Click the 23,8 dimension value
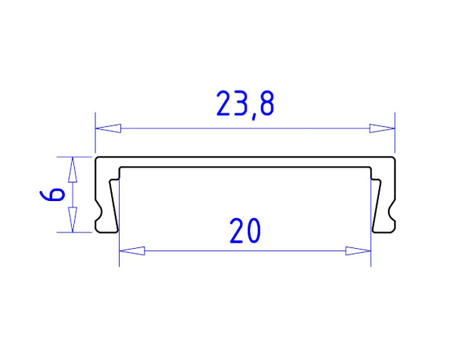tap(245, 104)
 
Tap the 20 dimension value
tap(246, 232)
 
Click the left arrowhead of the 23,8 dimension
tap(108, 128)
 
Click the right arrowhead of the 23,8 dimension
tap(383, 128)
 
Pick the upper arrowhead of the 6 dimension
tap(71, 170)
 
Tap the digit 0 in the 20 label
tap(255, 232)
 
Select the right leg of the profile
tap(384, 203)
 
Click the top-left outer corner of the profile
tap(98, 158)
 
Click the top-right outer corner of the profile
tap(394, 158)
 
